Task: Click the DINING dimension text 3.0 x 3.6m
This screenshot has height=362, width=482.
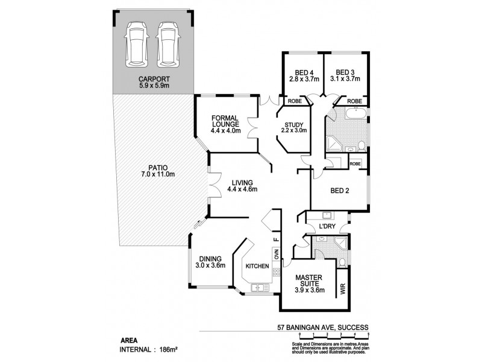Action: point(210,265)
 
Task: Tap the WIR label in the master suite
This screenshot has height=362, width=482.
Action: point(343,289)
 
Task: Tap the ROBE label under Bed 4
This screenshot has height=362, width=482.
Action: point(293,101)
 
